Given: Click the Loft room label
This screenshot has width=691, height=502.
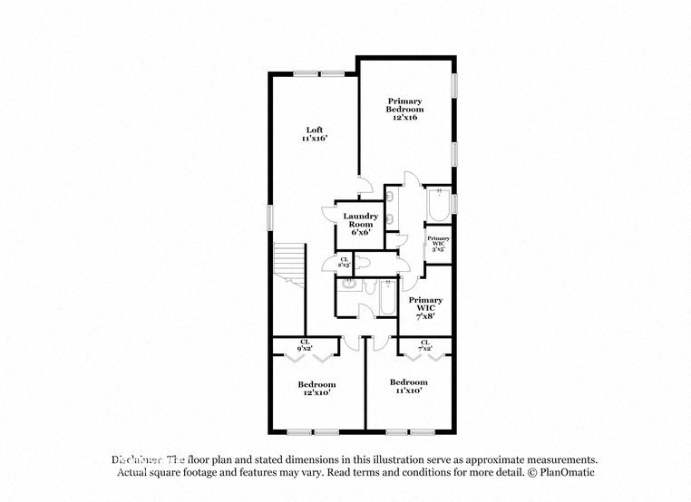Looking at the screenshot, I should point(314,134).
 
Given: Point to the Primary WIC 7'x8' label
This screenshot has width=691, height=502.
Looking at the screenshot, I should point(424,305).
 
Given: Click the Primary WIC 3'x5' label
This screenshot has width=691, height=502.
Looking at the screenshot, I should point(439,243).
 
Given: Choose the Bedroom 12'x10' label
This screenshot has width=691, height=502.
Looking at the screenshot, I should point(317,389).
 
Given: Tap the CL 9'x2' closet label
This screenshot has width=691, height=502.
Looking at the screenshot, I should point(305,345).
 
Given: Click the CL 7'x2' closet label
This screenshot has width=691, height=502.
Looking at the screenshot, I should point(424,345).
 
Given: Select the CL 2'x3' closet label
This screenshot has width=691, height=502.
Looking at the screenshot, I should point(344,263).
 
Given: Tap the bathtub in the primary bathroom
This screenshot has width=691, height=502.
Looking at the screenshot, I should point(436,206).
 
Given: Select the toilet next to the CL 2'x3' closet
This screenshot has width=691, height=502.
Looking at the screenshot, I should point(362,262).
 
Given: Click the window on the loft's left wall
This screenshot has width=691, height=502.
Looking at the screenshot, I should point(269,217).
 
